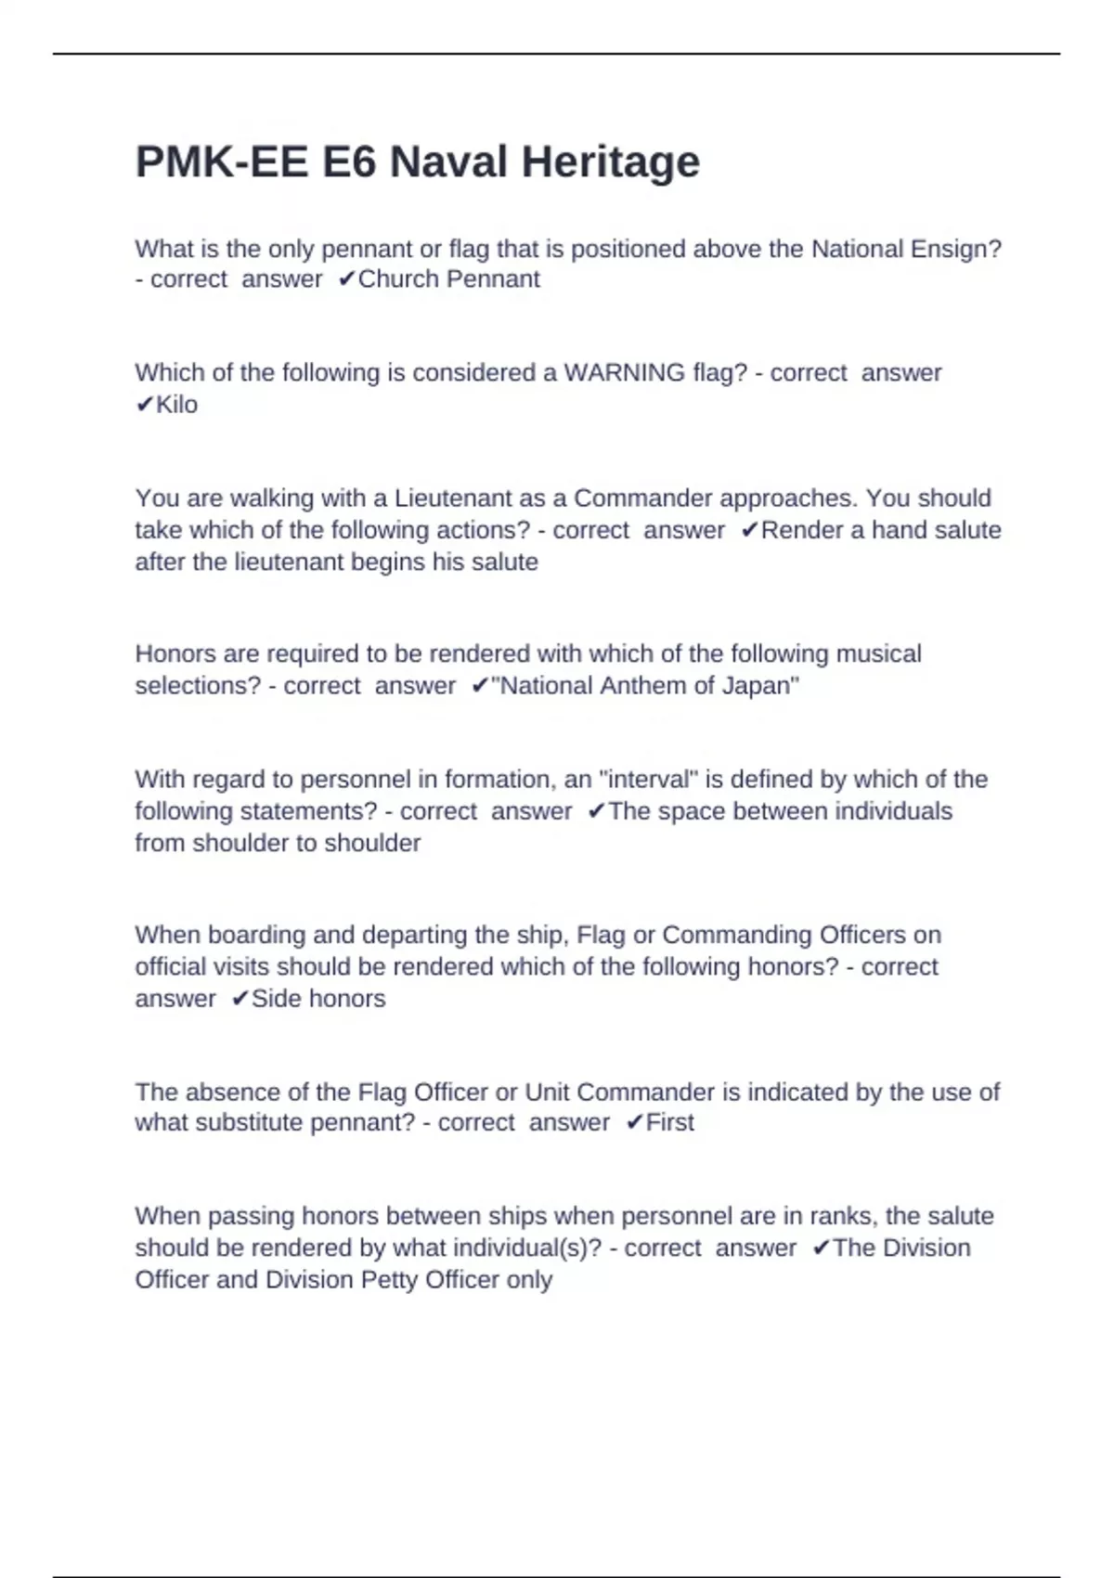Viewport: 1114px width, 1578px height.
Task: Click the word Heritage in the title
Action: click(610, 163)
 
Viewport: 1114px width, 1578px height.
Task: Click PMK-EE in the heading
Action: click(221, 163)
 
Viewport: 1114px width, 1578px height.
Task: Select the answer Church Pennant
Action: click(448, 279)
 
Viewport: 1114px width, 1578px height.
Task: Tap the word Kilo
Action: click(176, 405)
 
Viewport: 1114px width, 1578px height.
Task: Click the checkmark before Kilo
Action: click(144, 405)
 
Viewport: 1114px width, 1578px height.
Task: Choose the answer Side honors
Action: click(318, 999)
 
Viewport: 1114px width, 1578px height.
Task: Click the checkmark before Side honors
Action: click(240, 999)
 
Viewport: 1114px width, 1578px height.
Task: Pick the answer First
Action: click(669, 1123)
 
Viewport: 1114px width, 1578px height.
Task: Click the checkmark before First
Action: click(634, 1123)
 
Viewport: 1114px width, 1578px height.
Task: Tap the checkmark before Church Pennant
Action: click(346, 279)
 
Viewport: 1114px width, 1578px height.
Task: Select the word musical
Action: click(878, 654)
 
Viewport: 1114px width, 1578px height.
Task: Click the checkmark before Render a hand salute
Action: click(750, 531)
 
